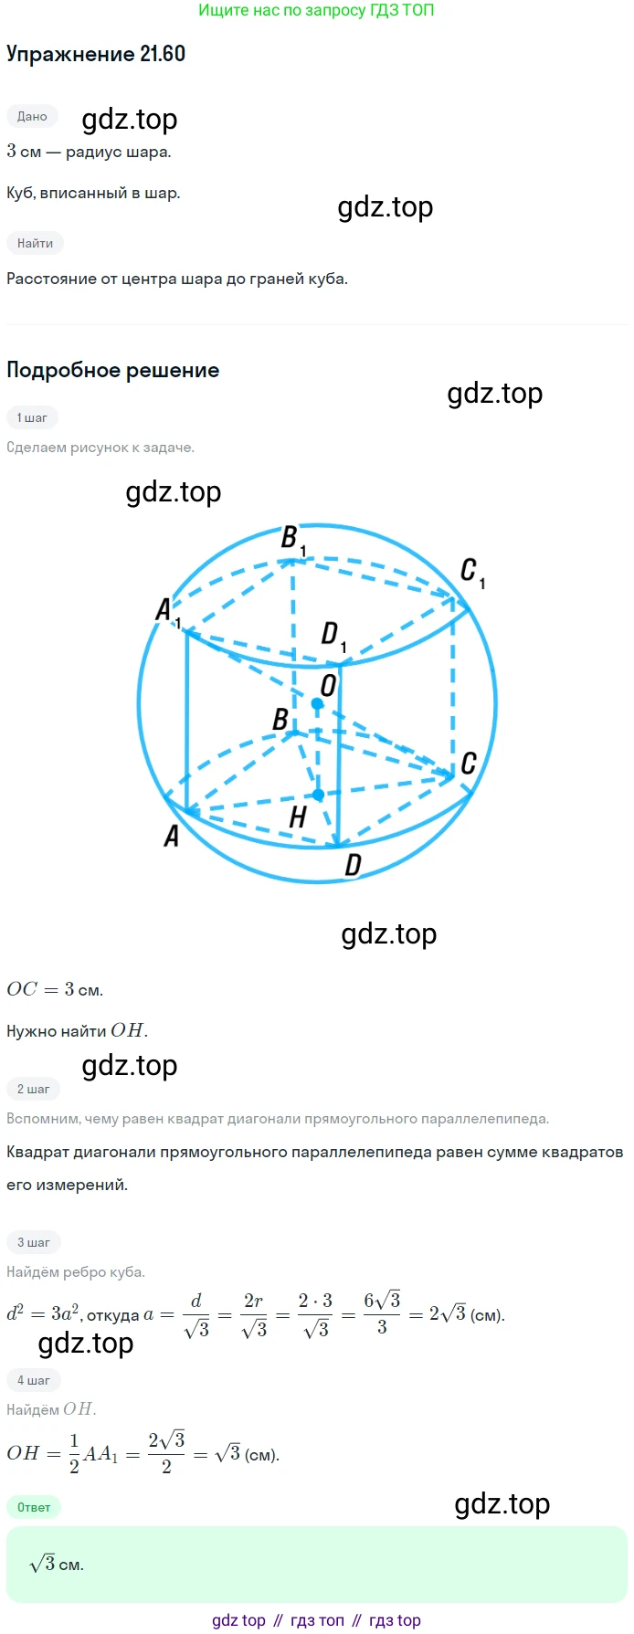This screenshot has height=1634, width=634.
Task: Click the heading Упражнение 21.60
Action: click(96, 54)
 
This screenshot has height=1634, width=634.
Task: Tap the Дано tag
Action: click(32, 116)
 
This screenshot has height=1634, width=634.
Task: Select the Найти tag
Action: click(35, 243)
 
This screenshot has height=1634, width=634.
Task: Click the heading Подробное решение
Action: click(113, 370)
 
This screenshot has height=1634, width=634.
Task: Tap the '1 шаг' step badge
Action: click(32, 417)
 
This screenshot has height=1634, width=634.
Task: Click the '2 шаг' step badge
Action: click(34, 1089)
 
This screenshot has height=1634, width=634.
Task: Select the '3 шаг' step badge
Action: click(34, 1242)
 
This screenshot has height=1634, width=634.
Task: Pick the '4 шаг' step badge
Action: click(34, 1380)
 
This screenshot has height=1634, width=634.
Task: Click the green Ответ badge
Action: click(34, 1507)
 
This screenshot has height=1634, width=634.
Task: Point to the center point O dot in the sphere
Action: click(317, 704)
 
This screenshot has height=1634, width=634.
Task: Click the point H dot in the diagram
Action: click(318, 796)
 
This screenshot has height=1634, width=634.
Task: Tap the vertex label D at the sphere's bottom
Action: click(354, 865)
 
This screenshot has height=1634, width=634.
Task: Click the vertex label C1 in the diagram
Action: click(472, 573)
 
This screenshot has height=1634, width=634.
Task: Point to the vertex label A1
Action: click(168, 611)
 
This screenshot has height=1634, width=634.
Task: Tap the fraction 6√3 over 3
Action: click(382, 1312)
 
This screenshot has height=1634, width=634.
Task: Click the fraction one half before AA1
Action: click(74, 1453)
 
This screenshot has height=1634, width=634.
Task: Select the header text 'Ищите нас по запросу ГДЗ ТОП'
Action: click(316, 11)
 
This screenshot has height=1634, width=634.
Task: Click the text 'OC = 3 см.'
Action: click(55, 989)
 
